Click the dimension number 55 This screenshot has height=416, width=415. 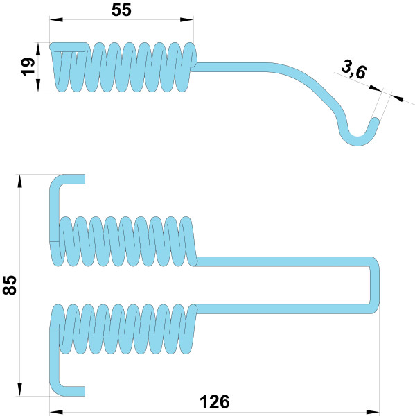[121, 10]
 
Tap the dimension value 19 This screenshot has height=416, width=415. [28, 67]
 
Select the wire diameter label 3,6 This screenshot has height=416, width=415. [354, 69]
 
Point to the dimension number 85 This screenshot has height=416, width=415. [10, 285]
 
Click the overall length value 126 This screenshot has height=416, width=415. [214, 401]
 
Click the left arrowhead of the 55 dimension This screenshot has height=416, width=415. [56, 19]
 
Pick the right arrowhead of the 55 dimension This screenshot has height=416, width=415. [186, 19]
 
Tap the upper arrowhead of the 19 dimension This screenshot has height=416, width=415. [38, 49]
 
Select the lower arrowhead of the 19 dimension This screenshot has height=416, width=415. [38, 85]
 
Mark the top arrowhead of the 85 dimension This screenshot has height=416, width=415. [19, 181]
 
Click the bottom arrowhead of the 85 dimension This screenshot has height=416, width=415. [19, 390]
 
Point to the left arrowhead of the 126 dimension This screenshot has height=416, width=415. [56, 413]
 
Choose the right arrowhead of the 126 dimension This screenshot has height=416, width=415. [373, 413]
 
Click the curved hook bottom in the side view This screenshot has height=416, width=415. [357, 141]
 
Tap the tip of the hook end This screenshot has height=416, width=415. [376, 121]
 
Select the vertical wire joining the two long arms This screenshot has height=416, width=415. [374, 285]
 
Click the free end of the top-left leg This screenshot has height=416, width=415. [85, 179]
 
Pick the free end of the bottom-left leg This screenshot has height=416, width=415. [85, 391]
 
